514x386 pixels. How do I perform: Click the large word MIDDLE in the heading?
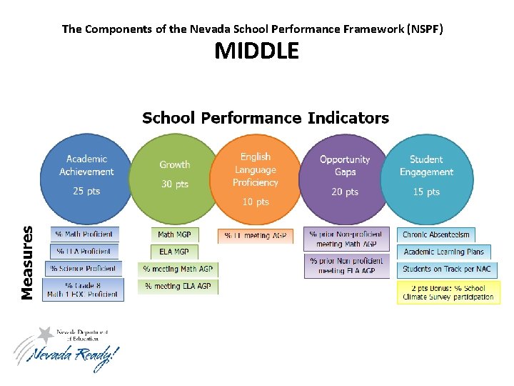pyautogui.click(x=257, y=51)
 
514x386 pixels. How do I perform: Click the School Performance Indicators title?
pyautogui.click(x=266, y=118)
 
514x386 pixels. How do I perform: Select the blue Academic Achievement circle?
pyautogui.click(x=86, y=176)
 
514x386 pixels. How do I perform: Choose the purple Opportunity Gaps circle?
pyautogui.click(x=345, y=176)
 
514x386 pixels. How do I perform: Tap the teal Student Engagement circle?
pyautogui.click(x=426, y=176)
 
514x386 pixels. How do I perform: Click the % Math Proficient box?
pyautogui.click(x=84, y=234)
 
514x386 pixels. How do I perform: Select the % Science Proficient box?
pyautogui.click(x=83, y=268)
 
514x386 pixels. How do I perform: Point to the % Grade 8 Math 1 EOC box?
pyautogui.click(x=83, y=289)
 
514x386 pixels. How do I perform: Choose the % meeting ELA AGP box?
pyautogui.click(x=178, y=286)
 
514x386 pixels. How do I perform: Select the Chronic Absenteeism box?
pyautogui.click(x=436, y=234)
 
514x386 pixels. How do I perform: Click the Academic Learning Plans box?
pyautogui.click(x=443, y=252)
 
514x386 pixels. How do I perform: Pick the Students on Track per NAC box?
pyautogui.click(x=447, y=269)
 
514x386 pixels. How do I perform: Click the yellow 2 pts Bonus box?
pyautogui.click(x=448, y=292)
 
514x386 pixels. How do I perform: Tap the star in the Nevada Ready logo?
pyautogui.click(x=46, y=334)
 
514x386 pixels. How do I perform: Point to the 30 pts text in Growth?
pyautogui.click(x=174, y=184)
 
